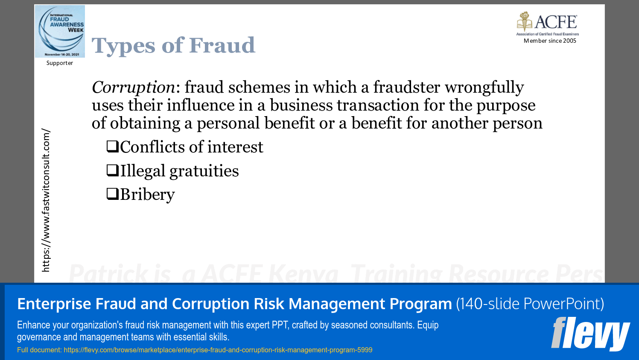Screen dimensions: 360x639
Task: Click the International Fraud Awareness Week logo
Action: click(60, 31)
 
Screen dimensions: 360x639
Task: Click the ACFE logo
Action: click(548, 23)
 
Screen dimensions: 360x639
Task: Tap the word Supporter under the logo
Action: click(60, 63)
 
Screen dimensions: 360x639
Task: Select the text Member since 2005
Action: click(550, 41)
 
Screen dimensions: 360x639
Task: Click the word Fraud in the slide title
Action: click(222, 45)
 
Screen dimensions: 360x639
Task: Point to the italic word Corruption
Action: click(133, 88)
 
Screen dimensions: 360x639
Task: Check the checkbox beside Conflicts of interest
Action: click(112, 146)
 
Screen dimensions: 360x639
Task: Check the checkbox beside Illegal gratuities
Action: click(112, 170)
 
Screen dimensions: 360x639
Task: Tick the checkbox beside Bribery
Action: click(112, 194)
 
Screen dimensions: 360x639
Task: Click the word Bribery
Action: click(147, 195)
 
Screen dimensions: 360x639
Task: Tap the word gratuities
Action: click(204, 171)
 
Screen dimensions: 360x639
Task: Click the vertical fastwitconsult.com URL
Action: click(46, 200)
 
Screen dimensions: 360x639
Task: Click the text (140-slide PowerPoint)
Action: click(530, 304)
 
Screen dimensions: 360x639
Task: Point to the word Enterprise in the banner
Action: click(54, 304)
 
